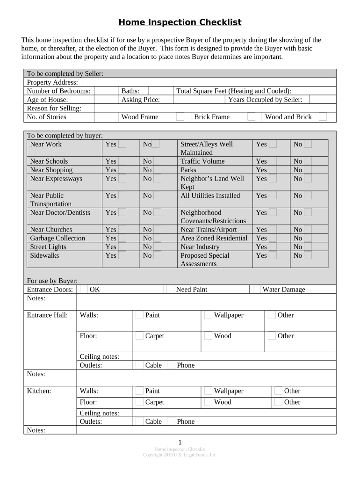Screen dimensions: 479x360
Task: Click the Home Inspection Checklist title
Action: click(180, 22)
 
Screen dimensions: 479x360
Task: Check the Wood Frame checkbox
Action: click(180, 117)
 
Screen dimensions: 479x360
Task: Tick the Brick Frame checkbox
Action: click(251, 117)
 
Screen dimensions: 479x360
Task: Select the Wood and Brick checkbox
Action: click(323, 117)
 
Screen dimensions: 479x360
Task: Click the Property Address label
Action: click(52, 82)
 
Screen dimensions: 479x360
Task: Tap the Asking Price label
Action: click(140, 100)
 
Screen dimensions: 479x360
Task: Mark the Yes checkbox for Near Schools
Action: click(122, 161)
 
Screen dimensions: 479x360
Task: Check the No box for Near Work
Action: click(156, 145)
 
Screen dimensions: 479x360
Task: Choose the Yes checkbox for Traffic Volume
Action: click(273, 161)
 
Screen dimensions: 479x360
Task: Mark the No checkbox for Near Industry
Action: click(308, 247)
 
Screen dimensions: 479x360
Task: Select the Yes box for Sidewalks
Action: click(122, 255)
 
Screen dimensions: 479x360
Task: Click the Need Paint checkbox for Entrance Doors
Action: click(170, 290)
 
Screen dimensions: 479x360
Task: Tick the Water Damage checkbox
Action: click(256, 290)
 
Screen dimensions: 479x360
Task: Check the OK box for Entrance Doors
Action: click(84, 290)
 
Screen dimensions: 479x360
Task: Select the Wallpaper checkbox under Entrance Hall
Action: click(208, 315)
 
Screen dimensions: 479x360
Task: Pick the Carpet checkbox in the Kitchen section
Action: click(139, 402)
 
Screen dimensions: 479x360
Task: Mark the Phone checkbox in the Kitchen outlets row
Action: click(171, 421)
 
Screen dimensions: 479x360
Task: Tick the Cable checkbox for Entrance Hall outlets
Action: click(139, 365)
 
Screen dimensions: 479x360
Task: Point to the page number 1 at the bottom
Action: click(180, 443)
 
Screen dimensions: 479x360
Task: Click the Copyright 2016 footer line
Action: click(180, 455)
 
